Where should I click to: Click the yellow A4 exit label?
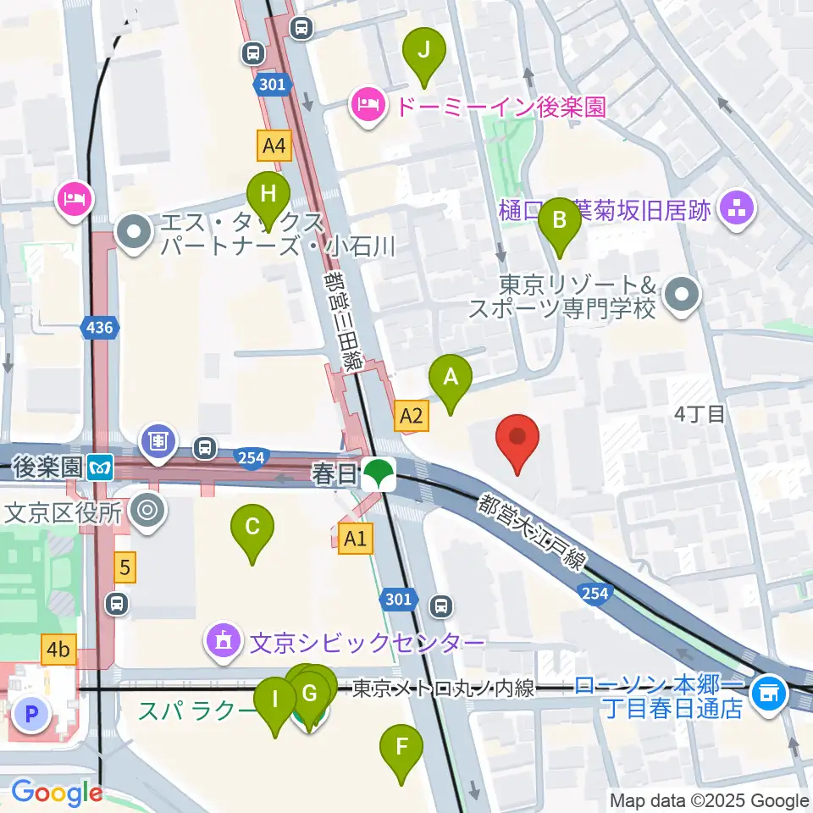[274, 146]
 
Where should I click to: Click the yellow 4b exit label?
[58, 650]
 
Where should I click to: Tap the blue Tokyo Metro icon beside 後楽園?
[101, 465]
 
